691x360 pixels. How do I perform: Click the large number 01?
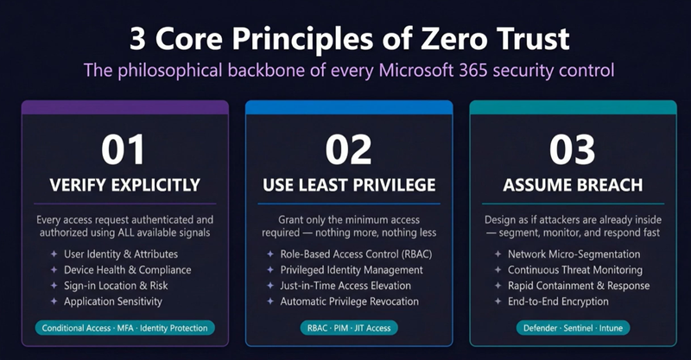coord(123,149)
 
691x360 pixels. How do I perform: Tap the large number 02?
coord(349,149)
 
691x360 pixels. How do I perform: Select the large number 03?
coord(572,149)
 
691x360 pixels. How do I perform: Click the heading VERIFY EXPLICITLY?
coord(124,185)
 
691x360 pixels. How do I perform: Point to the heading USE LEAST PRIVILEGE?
coord(349,185)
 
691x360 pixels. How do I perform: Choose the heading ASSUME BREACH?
coord(573,185)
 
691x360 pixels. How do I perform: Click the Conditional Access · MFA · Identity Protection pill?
coord(124,328)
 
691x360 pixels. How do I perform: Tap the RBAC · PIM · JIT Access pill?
coord(349,328)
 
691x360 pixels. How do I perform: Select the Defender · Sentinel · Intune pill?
coord(573,328)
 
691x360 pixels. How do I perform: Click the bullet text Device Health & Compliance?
coord(127,269)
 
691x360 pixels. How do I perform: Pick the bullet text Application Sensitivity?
coord(113,301)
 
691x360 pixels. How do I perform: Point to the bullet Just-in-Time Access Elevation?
coord(345,286)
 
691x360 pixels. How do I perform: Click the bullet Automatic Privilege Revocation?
coord(350,301)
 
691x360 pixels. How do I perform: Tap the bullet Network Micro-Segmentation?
coord(574,255)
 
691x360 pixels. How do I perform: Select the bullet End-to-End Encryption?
coord(558,301)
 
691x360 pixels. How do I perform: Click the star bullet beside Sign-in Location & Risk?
coord(54,286)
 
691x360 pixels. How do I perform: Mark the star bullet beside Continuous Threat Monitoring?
coord(498,269)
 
